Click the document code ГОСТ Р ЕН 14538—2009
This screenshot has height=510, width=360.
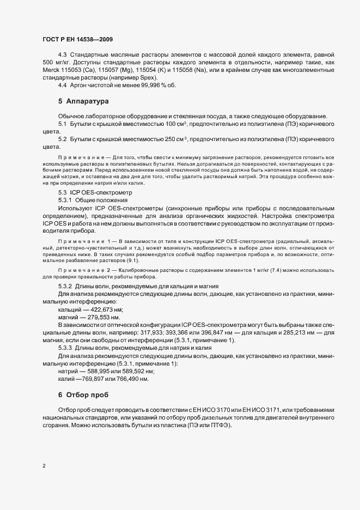tap(77, 40)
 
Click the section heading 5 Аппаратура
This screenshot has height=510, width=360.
tap(84, 101)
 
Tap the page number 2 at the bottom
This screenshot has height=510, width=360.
tap(44, 466)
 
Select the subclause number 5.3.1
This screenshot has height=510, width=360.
tap(65, 201)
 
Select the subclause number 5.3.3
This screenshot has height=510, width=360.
tap(65, 348)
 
